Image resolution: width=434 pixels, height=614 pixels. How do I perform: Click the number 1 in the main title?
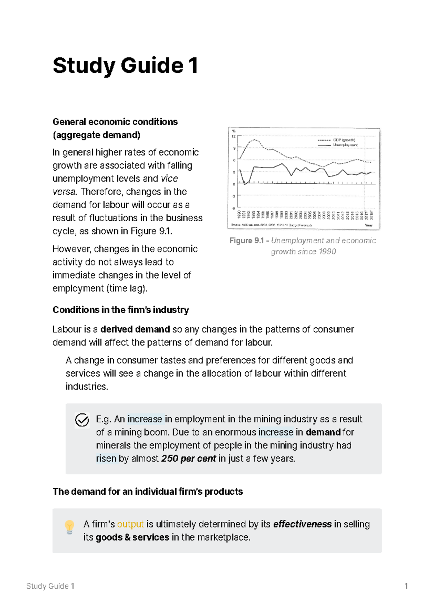click(x=193, y=66)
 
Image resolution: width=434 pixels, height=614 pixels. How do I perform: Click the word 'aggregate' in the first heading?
click(x=76, y=135)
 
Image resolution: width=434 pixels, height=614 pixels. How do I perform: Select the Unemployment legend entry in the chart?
click(x=345, y=145)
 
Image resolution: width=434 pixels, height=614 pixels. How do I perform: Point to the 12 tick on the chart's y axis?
click(x=234, y=136)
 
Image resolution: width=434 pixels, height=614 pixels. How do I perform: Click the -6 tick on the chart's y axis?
click(x=234, y=208)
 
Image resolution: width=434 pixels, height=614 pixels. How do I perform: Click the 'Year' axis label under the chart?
click(x=369, y=225)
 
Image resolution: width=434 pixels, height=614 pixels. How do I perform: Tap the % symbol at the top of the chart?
click(x=234, y=131)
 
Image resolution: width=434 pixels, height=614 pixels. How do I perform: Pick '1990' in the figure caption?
click(x=327, y=252)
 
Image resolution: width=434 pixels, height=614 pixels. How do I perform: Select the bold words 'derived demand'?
click(x=135, y=329)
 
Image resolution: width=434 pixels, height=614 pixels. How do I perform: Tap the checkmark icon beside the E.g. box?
click(x=82, y=420)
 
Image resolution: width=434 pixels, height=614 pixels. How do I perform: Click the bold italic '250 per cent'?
click(x=188, y=459)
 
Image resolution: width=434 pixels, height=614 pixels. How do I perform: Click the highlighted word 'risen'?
click(x=106, y=459)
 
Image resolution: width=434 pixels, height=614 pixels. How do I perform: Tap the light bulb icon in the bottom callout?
click(x=69, y=527)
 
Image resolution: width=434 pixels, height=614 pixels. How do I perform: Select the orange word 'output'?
click(x=130, y=524)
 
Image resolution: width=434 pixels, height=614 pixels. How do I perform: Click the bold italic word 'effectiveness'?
click(x=302, y=524)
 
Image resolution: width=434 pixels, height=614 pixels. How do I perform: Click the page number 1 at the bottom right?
click(x=406, y=586)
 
